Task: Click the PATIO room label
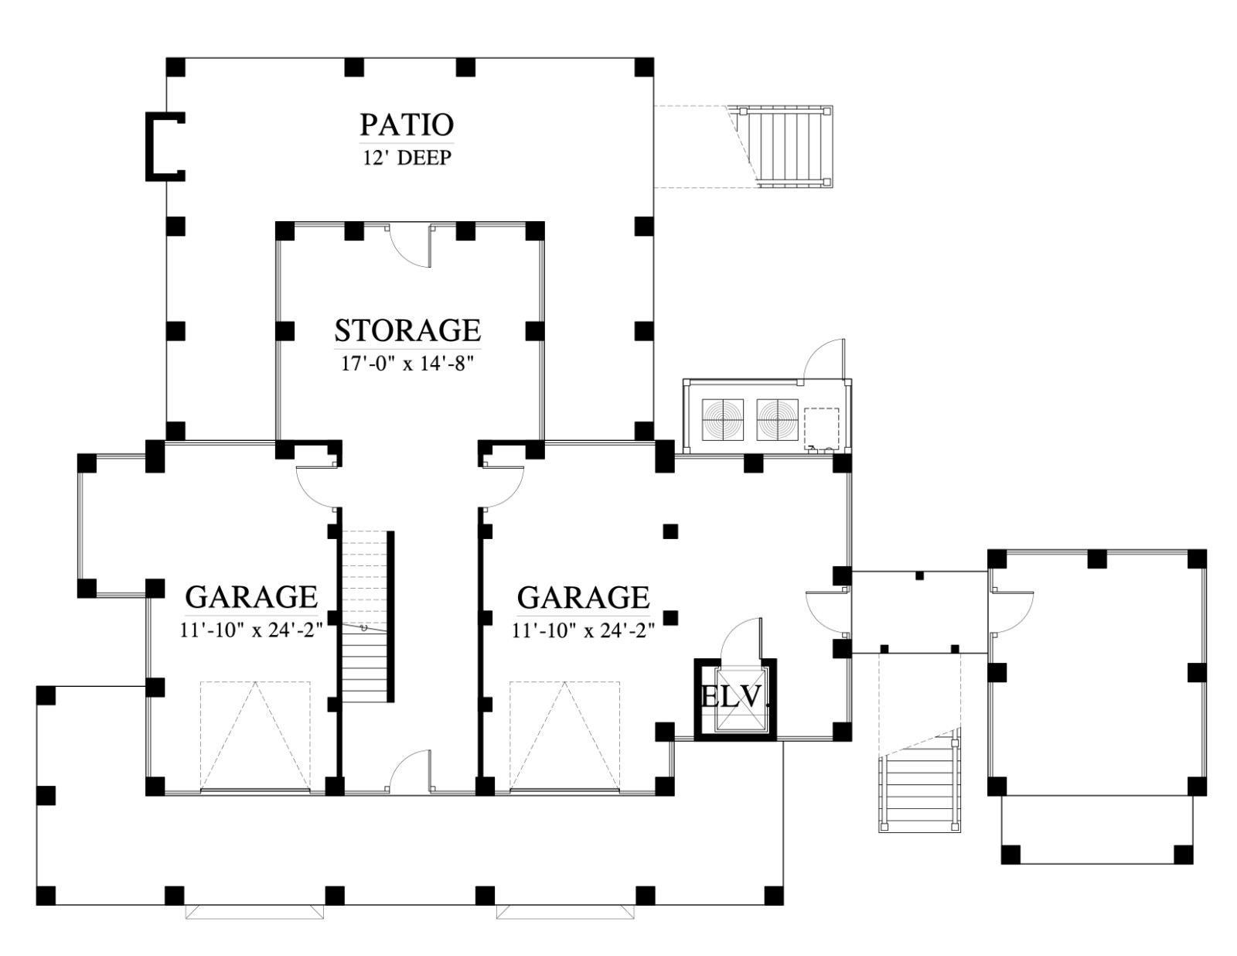[x=407, y=125]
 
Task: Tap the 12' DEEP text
[x=407, y=158]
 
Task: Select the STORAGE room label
[x=407, y=330]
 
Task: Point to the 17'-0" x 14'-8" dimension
[x=407, y=364]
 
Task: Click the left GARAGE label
[x=251, y=596]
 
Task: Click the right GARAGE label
[x=584, y=596]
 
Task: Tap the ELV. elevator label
[x=735, y=697]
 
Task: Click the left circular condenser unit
[x=722, y=420]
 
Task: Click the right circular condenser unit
[x=777, y=420]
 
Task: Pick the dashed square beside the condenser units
[x=821, y=428]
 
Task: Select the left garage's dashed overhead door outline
[x=255, y=736]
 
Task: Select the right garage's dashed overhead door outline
[x=564, y=736]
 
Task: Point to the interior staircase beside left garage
[x=364, y=616]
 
